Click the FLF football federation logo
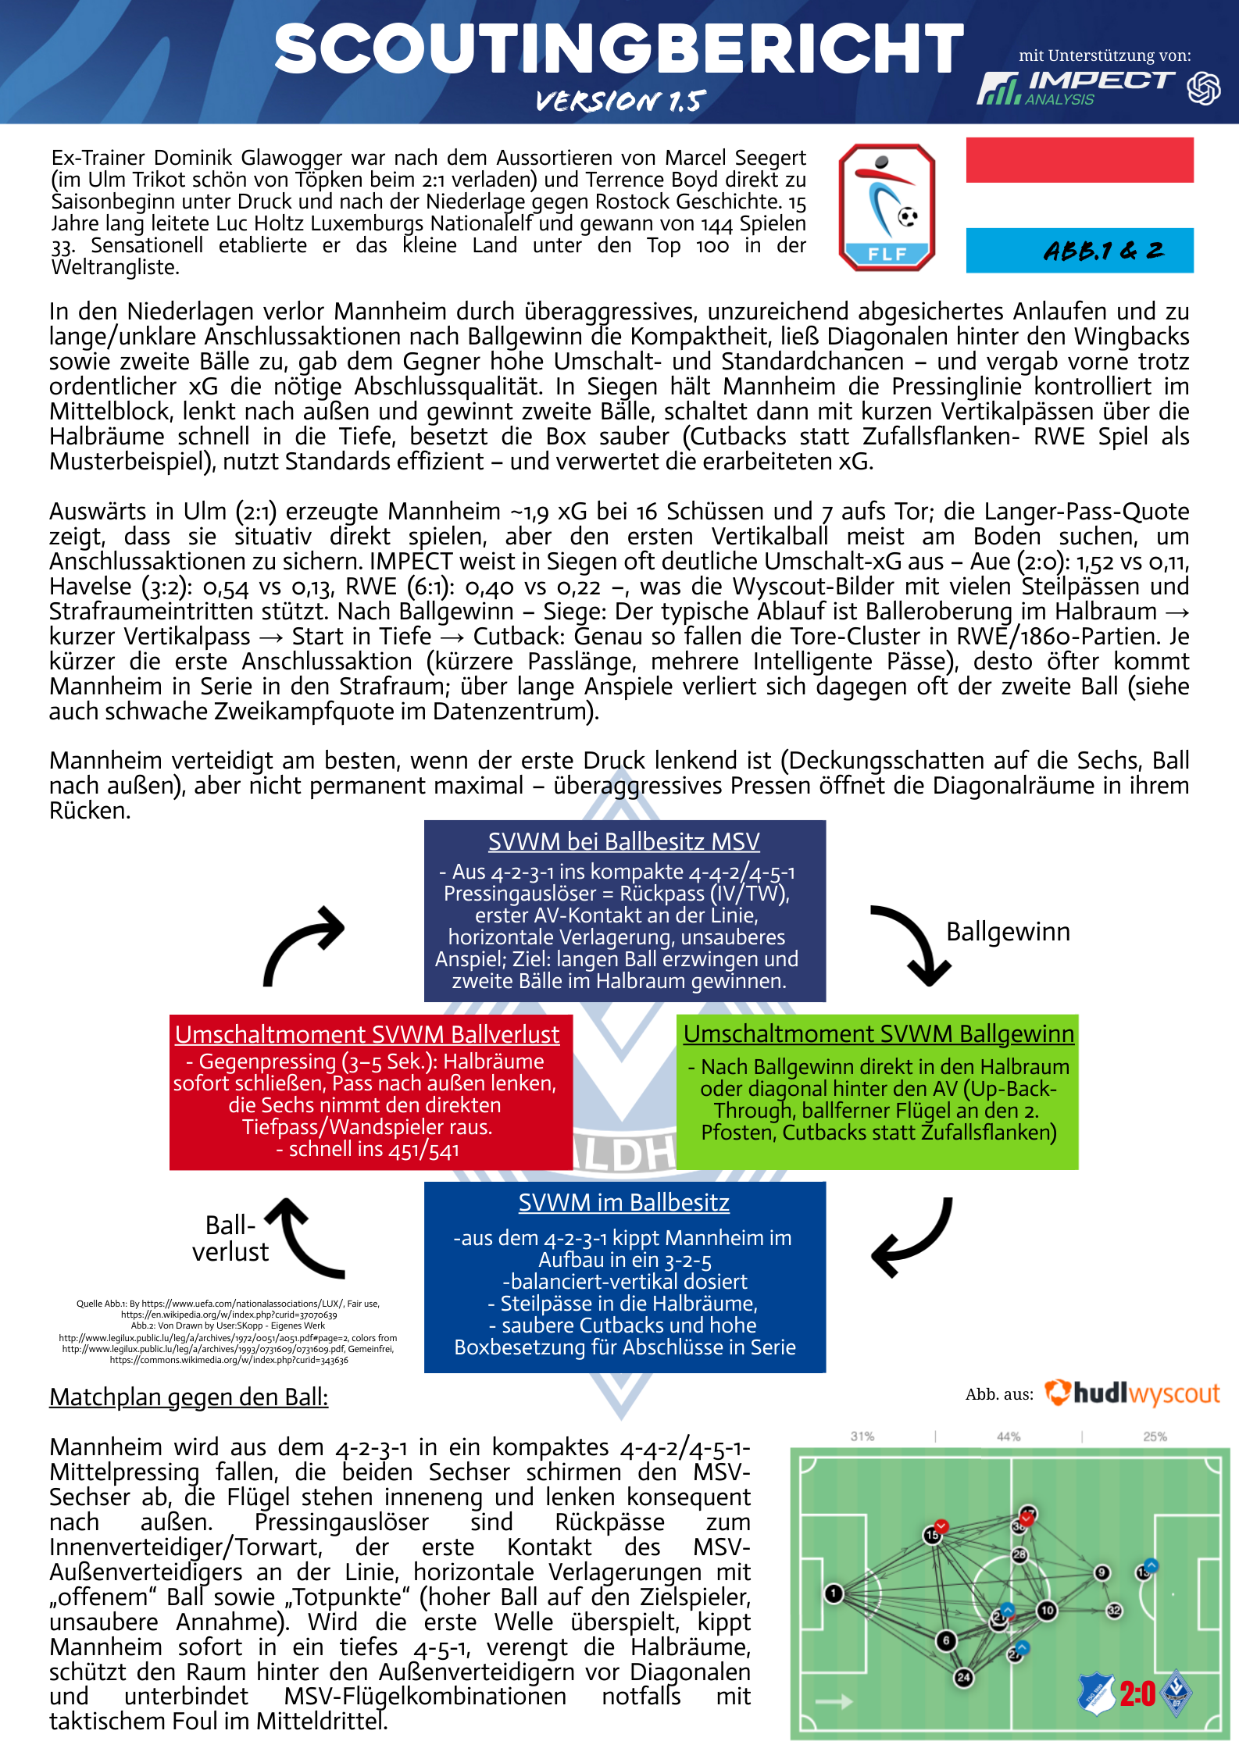tap(887, 207)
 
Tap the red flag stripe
tap(1079, 160)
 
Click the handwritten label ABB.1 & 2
tap(1102, 251)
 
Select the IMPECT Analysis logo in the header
tap(1077, 87)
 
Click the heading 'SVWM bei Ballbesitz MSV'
tap(623, 841)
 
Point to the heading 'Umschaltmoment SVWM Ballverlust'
tap(367, 1034)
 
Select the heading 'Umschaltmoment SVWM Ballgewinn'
tap(878, 1033)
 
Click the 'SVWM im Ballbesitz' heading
tap(623, 1202)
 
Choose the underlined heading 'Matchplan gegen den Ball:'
tap(188, 1397)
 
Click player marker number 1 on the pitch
tap(834, 1593)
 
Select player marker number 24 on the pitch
tap(963, 1677)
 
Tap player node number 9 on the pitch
tap(1102, 1572)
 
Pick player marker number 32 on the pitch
tap(1114, 1611)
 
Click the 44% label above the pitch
tap(1008, 1436)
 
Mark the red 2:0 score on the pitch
tap(1137, 1693)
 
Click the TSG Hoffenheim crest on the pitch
tap(1097, 1693)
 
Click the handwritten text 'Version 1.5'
tap(620, 101)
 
